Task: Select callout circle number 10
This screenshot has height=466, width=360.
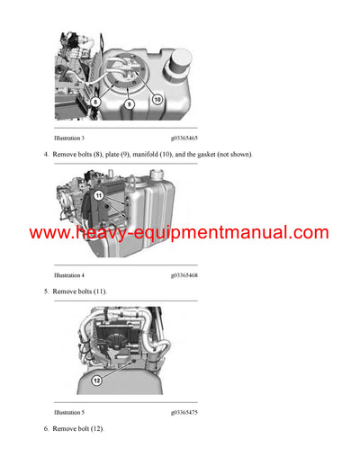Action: click(157, 99)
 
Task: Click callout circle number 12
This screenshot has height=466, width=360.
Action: click(96, 381)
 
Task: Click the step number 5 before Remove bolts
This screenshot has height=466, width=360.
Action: click(46, 291)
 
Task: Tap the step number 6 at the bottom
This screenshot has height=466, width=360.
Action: click(46, 428)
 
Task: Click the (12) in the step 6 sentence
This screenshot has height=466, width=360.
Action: click(95, 428)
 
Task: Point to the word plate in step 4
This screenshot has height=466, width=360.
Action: click(113, 155)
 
